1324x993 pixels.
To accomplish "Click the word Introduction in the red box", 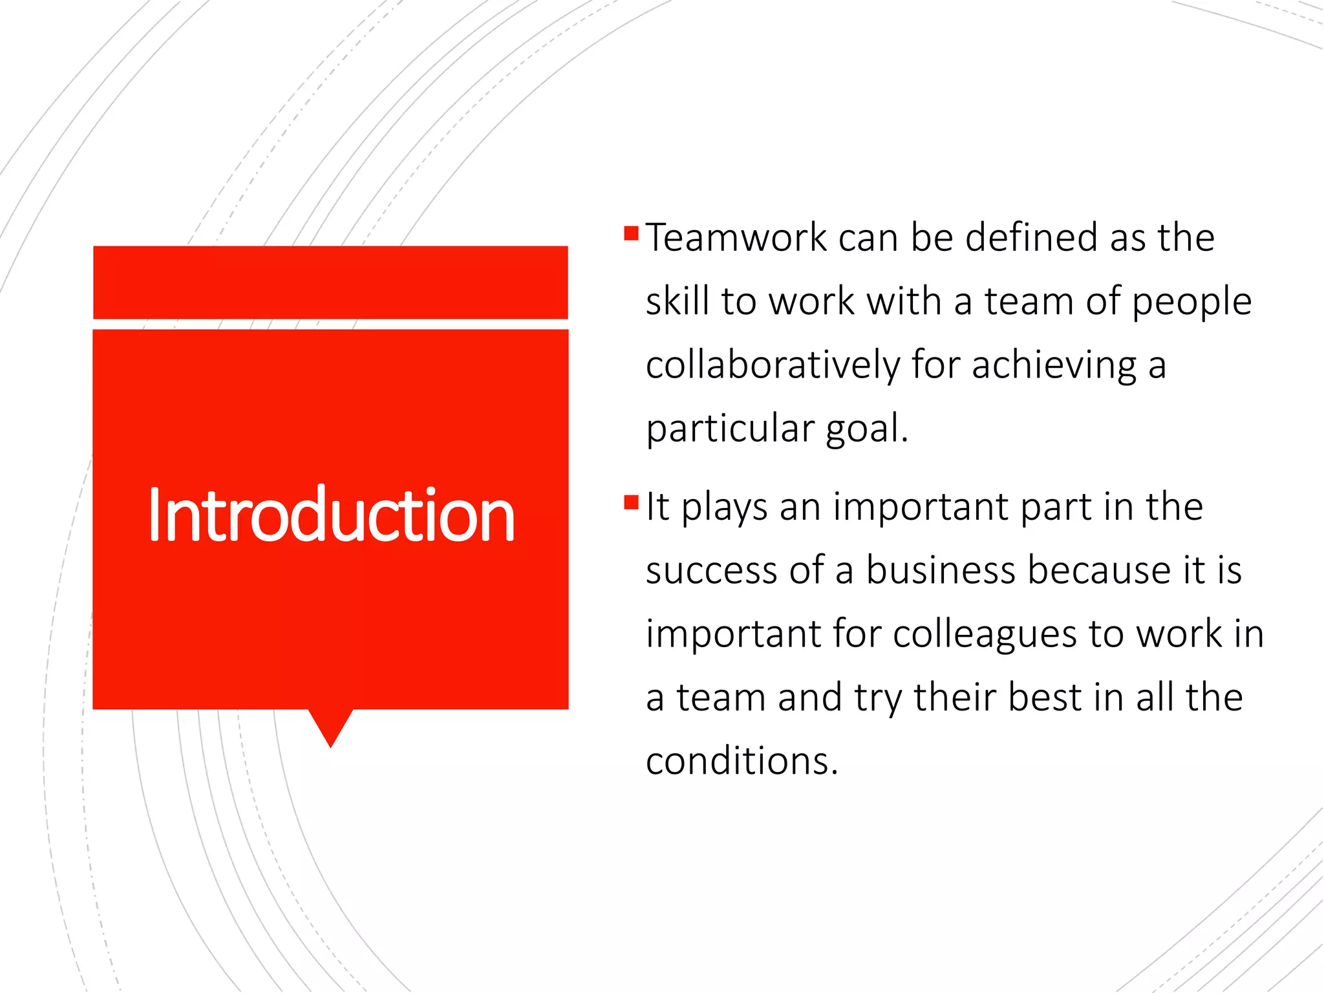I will point(331,515).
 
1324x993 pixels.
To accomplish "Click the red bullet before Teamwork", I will point(632,233).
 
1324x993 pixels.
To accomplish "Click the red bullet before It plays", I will point(632,502).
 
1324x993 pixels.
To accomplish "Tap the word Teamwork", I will point(736,237).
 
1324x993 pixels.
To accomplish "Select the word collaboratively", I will point(773,365).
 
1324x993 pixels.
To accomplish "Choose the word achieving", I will point(1054,365).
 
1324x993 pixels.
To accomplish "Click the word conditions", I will point(742,761).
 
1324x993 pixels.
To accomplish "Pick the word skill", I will point(677,302).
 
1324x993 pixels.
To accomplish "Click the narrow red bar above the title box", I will point(330,283).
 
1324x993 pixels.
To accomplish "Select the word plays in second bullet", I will point(724,507).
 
